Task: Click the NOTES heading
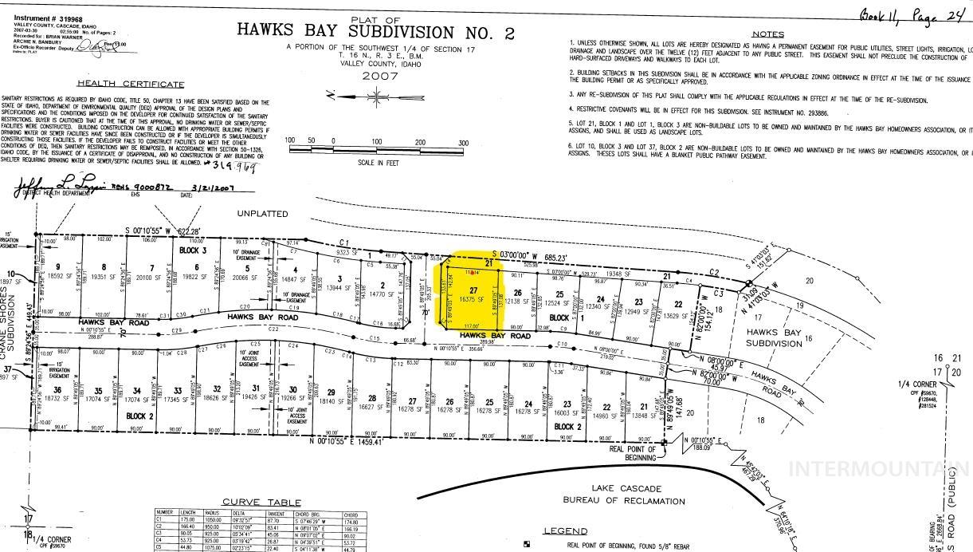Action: click(x=768, y=34)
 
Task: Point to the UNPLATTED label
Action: click(x=262, y=214)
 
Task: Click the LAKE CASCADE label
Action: click(x=624, y=487)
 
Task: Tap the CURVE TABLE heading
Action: click(x=251, y=502)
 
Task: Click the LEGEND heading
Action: click(x=565, y=531)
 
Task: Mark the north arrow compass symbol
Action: click(x=375, y=97)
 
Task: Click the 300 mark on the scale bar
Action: click(x=464, y=141)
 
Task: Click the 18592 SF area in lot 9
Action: click(x=60, y=276)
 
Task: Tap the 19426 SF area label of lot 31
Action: click(x=252, y=396)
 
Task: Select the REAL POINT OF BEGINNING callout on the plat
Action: click(x=633, y=453)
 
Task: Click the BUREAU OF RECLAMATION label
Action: click(x=624, y=501)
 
